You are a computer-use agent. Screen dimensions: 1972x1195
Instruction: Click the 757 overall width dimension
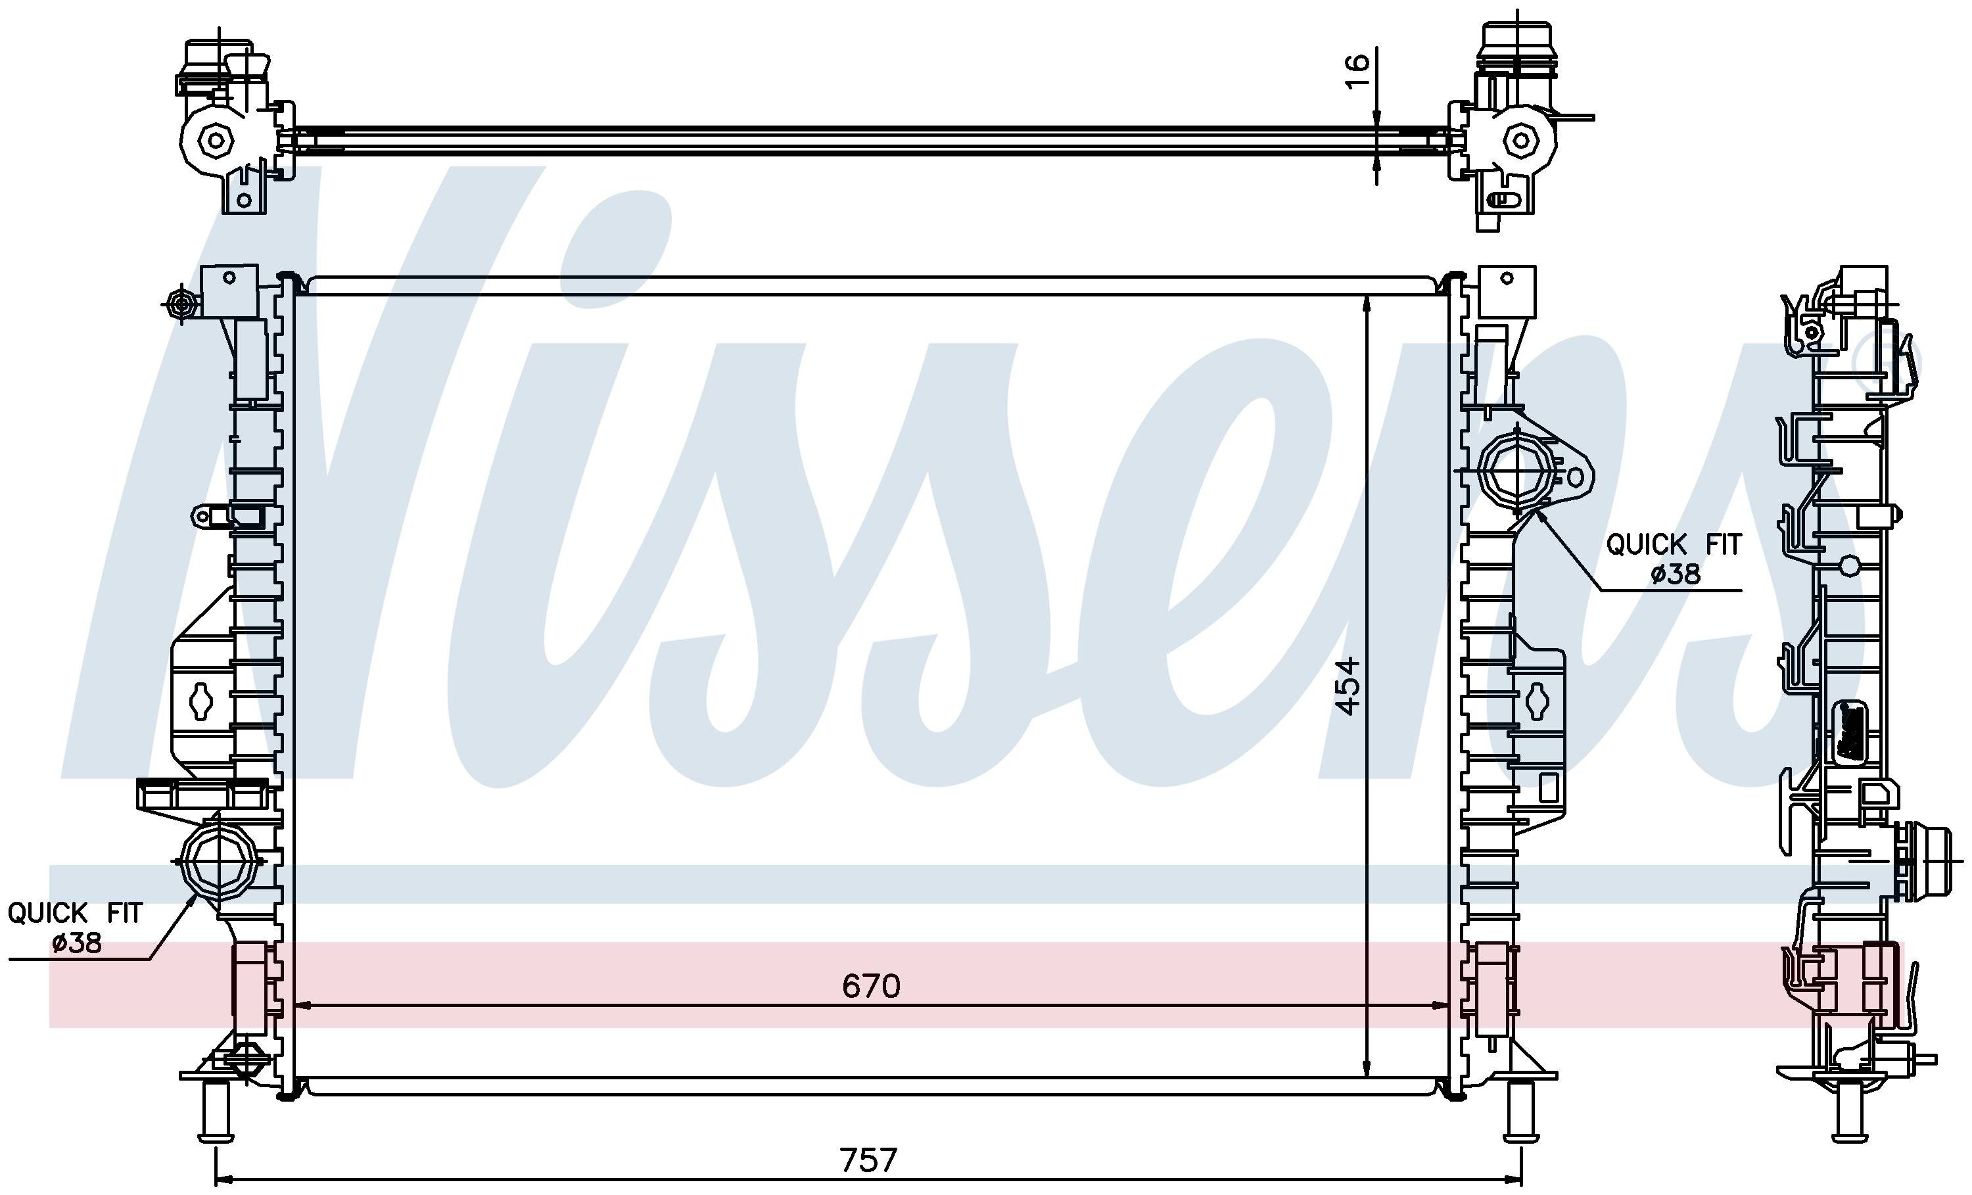point(868,1160)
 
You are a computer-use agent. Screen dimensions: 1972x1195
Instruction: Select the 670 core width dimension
point(871,986)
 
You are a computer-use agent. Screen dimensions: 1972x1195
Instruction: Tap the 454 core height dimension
point(1349,686)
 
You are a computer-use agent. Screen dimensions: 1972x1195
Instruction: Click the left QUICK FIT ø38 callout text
point(75,927)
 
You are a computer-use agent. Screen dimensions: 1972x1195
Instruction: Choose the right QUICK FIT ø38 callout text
point(1674,559)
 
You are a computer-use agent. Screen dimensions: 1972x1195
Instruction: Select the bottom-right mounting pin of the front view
point(1520,1110)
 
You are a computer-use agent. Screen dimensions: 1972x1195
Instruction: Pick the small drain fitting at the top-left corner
point(181,304)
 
